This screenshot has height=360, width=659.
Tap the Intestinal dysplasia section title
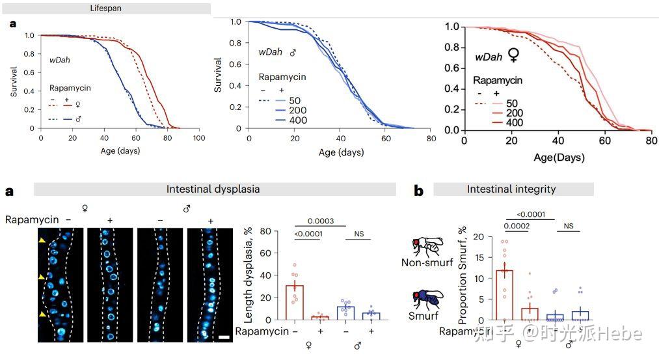point(213,189)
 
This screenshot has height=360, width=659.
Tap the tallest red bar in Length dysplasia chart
point(295,302)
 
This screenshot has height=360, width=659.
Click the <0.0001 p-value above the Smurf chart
point(530,214)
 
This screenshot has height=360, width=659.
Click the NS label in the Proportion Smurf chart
point(569,226)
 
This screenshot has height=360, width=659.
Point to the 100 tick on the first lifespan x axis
point(199,139)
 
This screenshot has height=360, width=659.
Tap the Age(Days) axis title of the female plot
point(559,157)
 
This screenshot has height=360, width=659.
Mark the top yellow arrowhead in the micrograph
point(43,241)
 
